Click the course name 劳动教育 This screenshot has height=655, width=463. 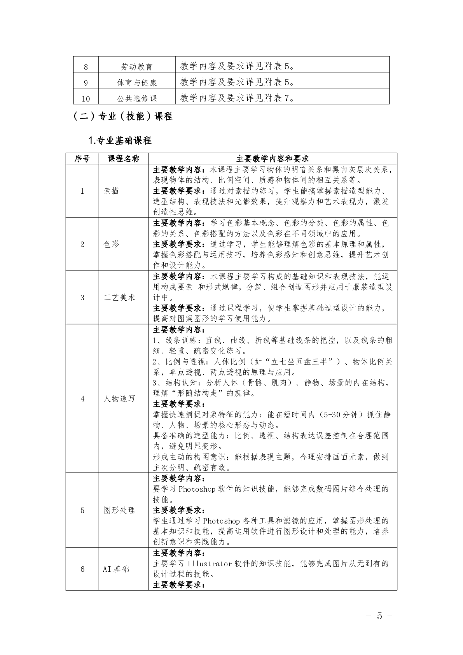coord(136,67)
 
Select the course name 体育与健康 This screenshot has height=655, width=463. coord(137,83)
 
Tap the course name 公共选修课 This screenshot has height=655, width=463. coord(137,99)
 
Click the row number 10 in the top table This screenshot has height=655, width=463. coord(86,99)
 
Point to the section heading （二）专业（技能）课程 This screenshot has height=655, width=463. coord(123,116)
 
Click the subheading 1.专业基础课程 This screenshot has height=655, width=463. coord(120,140)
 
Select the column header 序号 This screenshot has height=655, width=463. coord(82,159)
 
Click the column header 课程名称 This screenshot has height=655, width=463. coord(123,159)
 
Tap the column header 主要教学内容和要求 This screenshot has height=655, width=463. coord(272,159)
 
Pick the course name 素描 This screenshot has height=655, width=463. coord(112,191)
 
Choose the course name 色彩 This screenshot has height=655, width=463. coord(112,244)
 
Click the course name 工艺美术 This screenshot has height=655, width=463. coord(119,298)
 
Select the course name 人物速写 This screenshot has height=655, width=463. coord(119,399)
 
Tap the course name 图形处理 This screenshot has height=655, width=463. coord(119,510)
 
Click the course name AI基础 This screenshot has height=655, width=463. coord(116,569)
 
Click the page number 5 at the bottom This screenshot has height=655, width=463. coord(379,616)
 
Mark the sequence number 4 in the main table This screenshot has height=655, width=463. coord(82,399)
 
